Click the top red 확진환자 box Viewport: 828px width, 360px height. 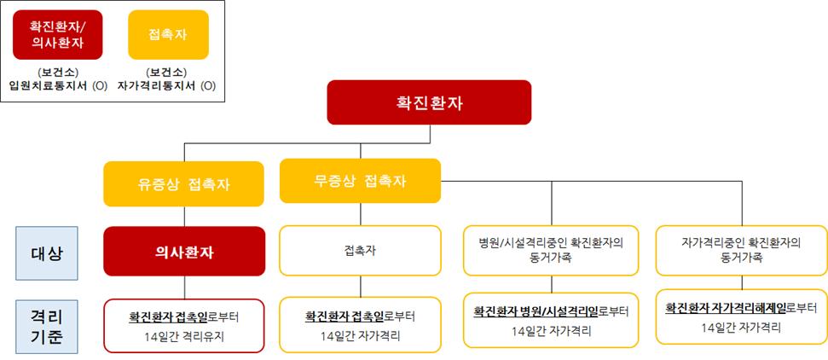tap(429, 102)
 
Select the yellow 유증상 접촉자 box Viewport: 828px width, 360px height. tap(184, 184)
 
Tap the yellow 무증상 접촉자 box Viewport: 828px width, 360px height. tap(360, 181)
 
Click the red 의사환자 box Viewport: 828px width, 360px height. tap(184, 252)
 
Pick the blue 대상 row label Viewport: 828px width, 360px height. tap(46, 253)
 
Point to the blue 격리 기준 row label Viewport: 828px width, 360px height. tap(46, 327)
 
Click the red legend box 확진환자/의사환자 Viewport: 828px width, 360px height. tap(57, 34)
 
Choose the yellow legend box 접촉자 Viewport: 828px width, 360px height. tap(169, 34)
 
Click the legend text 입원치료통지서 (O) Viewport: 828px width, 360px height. tap(58, 85)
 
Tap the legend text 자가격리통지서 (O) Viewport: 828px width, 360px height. tap(167, 85)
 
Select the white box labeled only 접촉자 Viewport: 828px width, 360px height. tap(360, 251)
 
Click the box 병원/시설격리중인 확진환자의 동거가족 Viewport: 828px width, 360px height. tap(552, 251)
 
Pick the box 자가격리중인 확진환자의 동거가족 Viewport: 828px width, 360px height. tap(741, 251)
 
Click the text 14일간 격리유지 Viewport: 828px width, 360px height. tap(184, 337)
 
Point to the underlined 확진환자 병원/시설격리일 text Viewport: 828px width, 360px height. tap(535, 311)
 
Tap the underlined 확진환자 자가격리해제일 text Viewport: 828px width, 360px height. tap(726, 307)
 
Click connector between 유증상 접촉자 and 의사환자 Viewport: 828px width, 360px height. tap(184, 217)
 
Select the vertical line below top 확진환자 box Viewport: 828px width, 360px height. tap(430, 134)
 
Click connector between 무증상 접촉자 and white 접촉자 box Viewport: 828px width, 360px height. tap(361, 215)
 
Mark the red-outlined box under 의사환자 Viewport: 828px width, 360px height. tap(184, 326)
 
